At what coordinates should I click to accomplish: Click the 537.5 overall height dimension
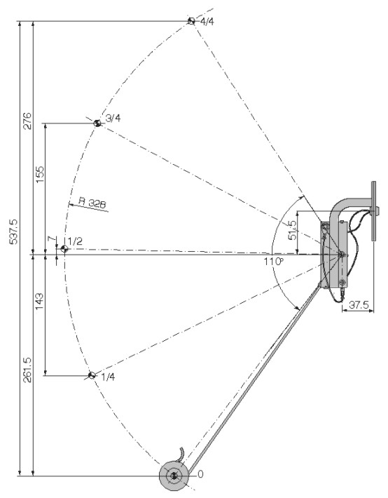click(x=14, y=231)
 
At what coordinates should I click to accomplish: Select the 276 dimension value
click(x=27, y=121)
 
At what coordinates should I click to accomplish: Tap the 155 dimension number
click(x=41, y=174)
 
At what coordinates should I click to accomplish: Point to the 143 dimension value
click(x=39, y=302)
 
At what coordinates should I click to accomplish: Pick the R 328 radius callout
click(x=92, y=203)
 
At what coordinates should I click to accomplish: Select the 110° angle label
click(x=273, y=262)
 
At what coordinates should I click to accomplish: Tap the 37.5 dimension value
click(x=359, y=305)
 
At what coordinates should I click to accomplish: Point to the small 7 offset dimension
click(x=51, y=238)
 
